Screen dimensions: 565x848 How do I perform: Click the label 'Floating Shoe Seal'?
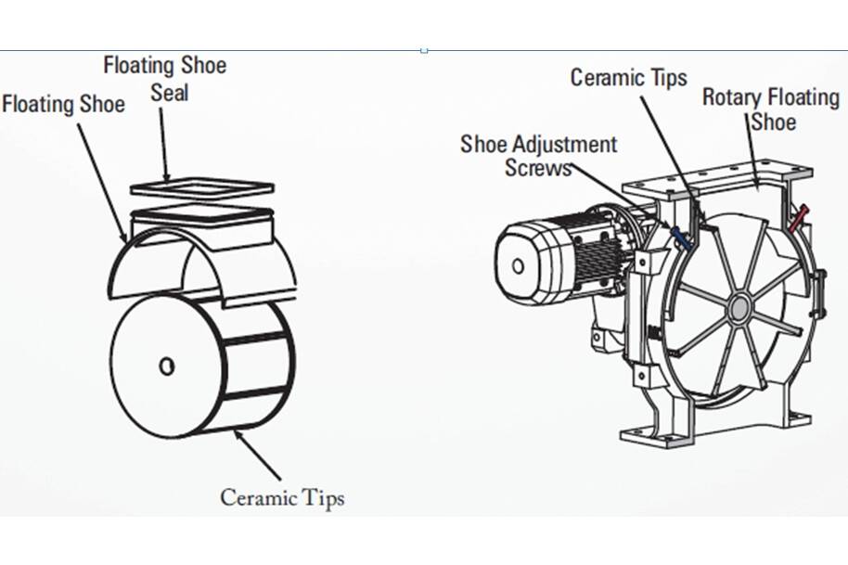click(x=164, y=79)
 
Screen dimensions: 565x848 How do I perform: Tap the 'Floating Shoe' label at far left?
click(x=63, y=103)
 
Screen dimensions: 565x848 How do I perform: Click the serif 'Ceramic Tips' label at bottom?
click(x=282, y=497)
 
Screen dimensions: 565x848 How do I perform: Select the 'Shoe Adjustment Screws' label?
click(x=538, y=156)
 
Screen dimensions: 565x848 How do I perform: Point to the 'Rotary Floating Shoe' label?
click(x=769, y=109)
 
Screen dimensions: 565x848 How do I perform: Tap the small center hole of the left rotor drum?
click(x=166, y=366)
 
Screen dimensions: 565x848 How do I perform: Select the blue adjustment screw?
click(x=681, y=238)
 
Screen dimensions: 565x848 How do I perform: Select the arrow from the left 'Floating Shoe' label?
click(x=102, y=176)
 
